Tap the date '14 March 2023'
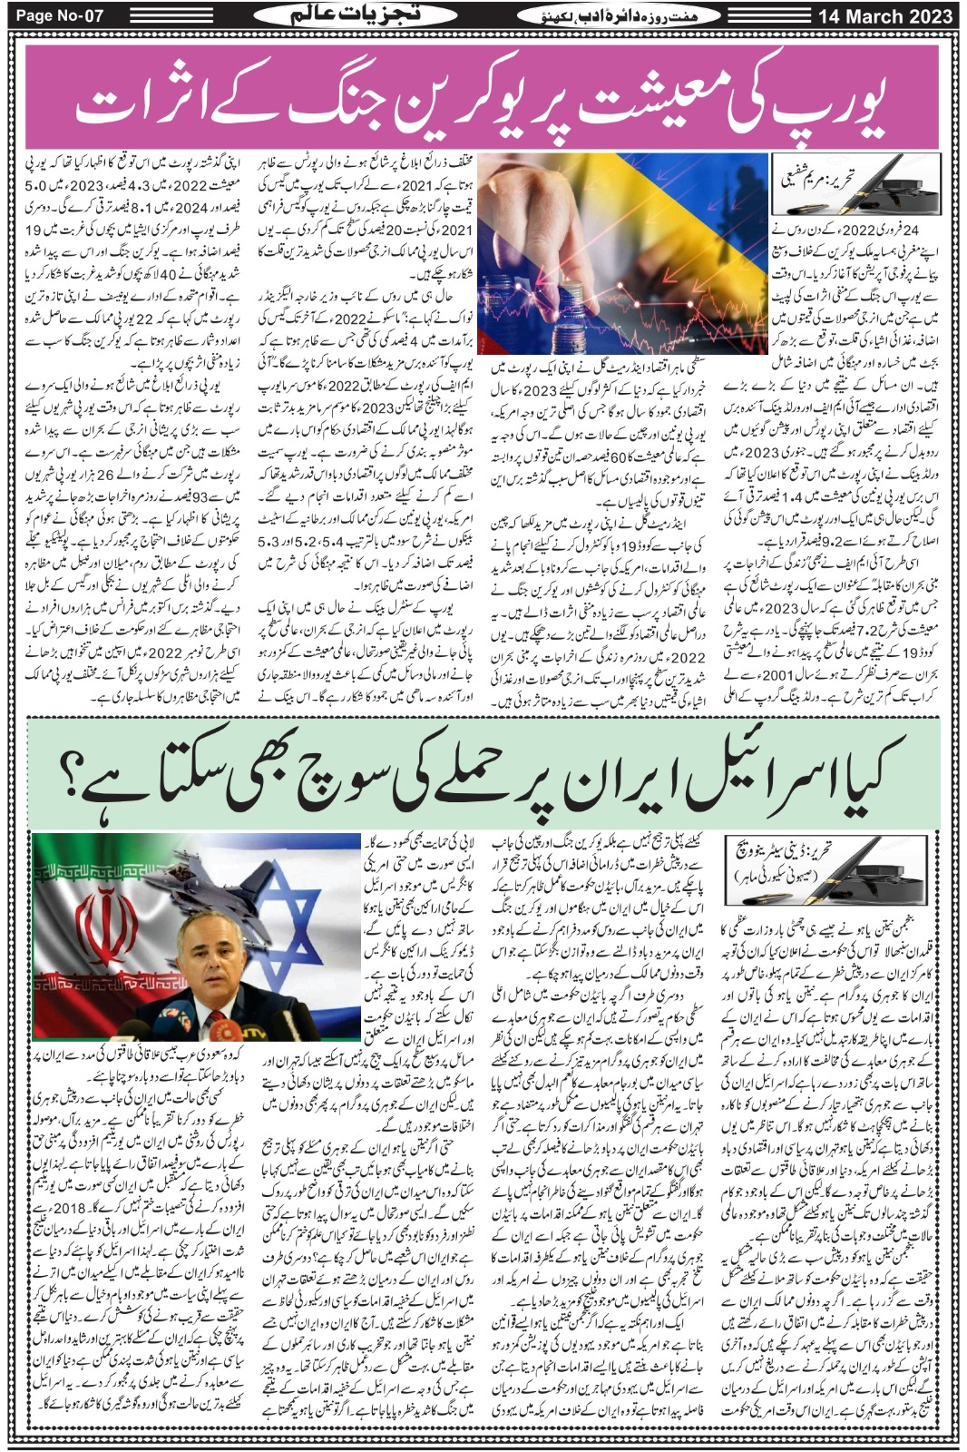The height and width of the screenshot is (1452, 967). tap(884, 15)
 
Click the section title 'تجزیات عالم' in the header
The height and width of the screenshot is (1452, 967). tap(326, 15)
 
